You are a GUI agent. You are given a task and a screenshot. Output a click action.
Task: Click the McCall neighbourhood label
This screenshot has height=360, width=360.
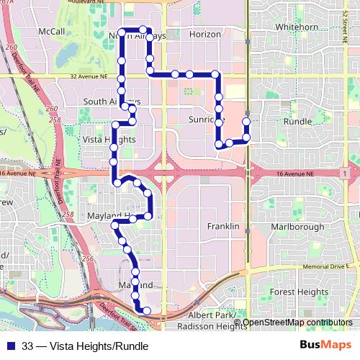[x=53, y=32]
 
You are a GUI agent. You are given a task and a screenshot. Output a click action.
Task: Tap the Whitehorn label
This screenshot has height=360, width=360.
[x=297, y=27]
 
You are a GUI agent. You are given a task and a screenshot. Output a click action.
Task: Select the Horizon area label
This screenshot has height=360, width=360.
[x=204, y=35]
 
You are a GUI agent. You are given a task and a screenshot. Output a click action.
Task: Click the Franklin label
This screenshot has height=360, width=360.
[x=222, y=226]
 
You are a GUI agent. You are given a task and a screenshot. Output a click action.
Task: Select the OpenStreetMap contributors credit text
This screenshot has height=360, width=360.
[x=297, y=323]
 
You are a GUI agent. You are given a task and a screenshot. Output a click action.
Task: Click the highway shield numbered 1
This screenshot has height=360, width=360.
[x=346, y=174]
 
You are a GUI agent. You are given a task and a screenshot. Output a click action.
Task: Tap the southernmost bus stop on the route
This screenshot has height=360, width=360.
[x=147, y=311]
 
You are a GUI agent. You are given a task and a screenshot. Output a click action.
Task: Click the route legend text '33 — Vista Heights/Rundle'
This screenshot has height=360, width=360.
[x=84, y=346]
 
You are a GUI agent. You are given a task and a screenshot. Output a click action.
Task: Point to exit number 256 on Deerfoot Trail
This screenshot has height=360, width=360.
[x=88, y=258]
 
